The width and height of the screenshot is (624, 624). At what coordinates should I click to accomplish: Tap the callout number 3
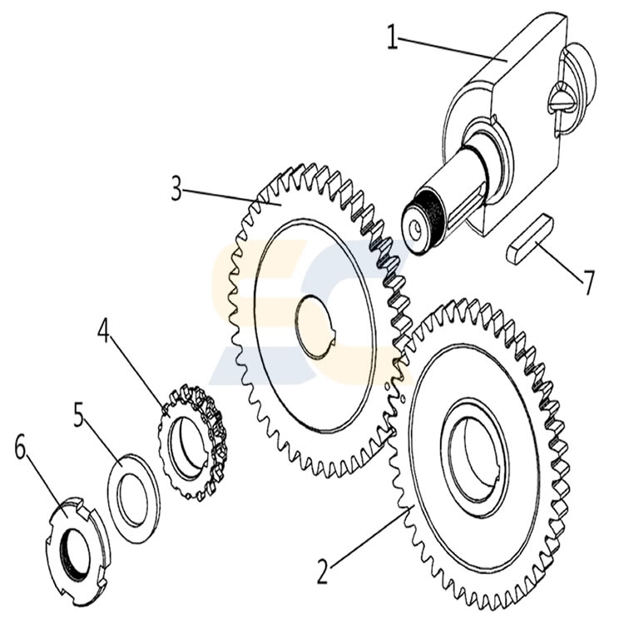tap(176, 189)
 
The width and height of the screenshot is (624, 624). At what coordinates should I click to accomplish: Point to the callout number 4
tap(104, 330)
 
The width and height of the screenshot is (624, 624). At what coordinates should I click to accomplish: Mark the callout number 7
tap(588, 284)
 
